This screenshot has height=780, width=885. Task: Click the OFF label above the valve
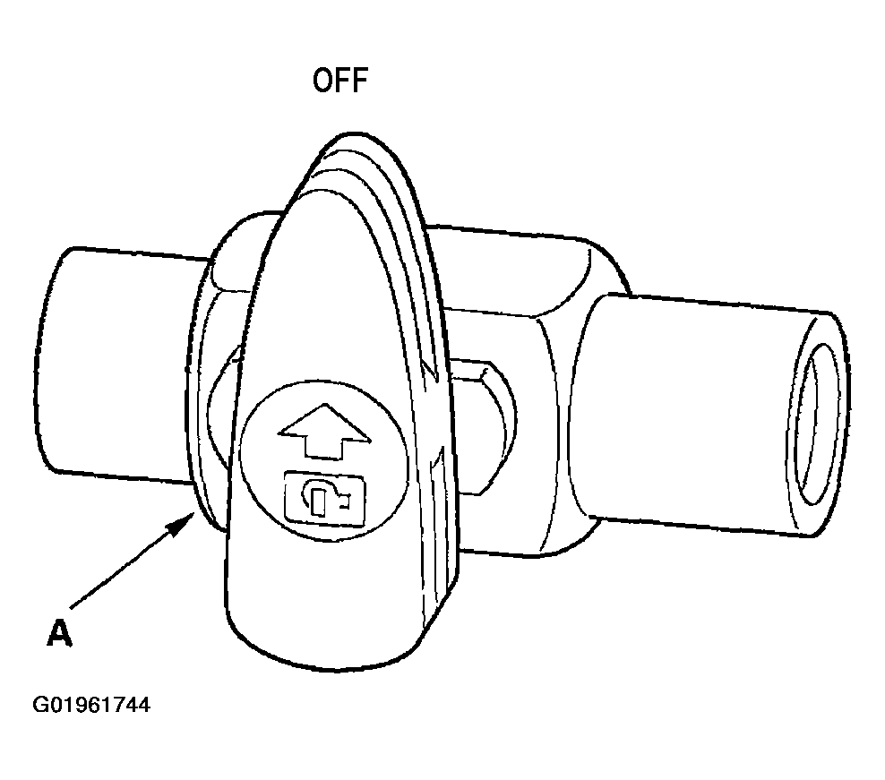340,80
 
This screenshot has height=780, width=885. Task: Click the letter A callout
59,633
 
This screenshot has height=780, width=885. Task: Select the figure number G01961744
91,706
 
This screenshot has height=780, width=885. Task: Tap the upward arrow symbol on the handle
324,430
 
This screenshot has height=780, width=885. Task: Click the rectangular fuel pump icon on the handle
325,500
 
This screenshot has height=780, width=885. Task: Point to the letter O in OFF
322,80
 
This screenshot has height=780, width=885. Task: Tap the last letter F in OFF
360,80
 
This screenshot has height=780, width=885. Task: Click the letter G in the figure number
40,706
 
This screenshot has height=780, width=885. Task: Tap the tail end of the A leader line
71,608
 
